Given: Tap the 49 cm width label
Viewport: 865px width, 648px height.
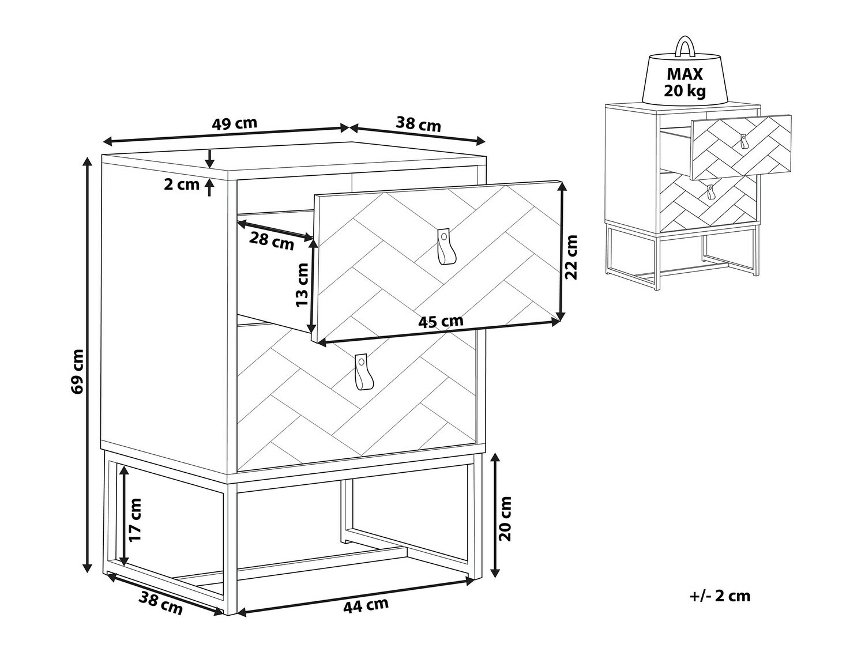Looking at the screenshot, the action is click(x=235, y=123).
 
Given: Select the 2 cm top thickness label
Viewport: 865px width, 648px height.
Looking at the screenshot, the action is click(x=182, y=184).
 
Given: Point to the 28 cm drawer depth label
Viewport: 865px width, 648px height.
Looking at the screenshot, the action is click(x=272, y=241).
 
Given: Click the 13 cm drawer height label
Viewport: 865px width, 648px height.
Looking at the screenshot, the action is click(x=303, y=285).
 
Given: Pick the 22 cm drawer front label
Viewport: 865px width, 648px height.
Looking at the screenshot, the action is click(x=571, y=257).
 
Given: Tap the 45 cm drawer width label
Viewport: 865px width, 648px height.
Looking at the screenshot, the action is click(x=441, y=322).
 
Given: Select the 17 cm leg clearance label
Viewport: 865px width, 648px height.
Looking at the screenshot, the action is click(x=135, y=519).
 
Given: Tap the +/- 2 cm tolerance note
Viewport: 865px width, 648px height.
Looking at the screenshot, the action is click(x=720, y=596).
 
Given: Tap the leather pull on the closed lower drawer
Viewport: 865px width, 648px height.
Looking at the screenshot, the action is click(x=362, y=372).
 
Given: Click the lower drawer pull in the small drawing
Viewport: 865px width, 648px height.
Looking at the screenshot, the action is click(x=710, y=192).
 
